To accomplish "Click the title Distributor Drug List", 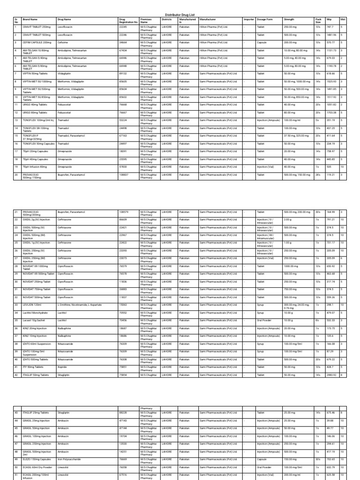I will click(180, 15).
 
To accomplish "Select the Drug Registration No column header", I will click(128, 21).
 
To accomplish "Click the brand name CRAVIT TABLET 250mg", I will click(37, 27).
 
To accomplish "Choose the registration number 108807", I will click(124, 174).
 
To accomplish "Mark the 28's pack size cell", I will click(318, 174).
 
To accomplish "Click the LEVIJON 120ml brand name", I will click(32, 305).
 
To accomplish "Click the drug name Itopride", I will click(62, 367).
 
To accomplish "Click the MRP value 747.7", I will click(330, 27).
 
